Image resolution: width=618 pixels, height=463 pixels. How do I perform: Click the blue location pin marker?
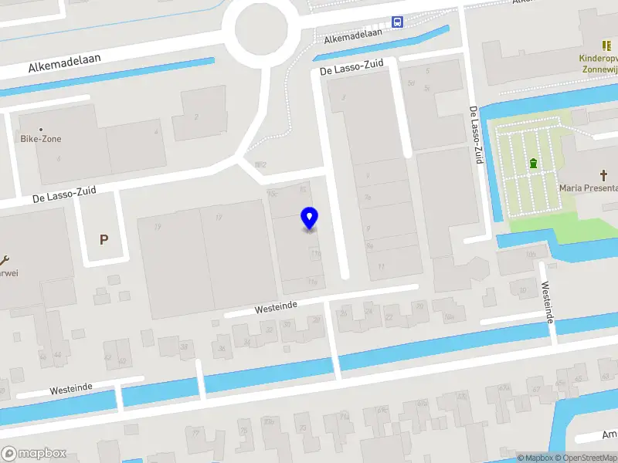click(309, 218)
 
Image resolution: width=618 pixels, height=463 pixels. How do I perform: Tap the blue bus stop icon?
click(397, 22)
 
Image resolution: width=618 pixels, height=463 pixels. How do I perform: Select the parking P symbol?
click(104, 239)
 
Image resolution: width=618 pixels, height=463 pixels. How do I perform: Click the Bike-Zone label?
click(41, 139)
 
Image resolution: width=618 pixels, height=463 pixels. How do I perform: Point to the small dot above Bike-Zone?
click(41, 130)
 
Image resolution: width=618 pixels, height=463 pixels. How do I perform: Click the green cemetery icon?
click(533, 164)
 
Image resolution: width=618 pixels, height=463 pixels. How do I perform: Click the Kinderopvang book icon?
click(606, 46)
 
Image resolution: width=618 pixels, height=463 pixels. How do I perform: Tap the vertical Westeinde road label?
click(548, 302)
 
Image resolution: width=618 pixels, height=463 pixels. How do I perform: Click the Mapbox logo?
click(34, 454)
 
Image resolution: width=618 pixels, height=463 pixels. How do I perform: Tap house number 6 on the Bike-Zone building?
click(59, 159)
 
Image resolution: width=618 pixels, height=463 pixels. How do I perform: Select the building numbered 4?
click(156, 132)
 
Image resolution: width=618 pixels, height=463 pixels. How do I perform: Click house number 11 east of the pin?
click(381, 267)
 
